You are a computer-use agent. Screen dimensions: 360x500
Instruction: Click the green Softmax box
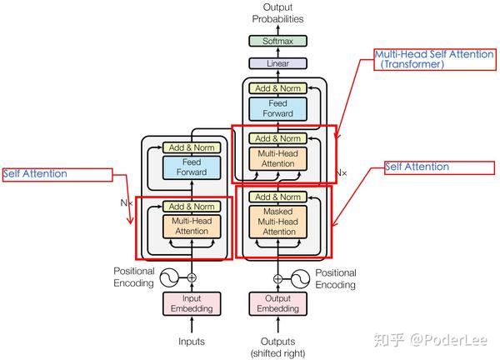pyautogui.click(x=277, y=40)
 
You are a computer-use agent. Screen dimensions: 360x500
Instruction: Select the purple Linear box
pyautogui.click(x=277, y=62)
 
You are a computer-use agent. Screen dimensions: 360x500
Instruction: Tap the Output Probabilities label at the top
pyautogui.click(x=277, y=12)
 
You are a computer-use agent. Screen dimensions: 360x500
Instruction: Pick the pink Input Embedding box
pyautogui.click(x=192, y=303)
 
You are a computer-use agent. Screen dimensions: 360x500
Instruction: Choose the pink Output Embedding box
pyautogui.click(x=277, y=303)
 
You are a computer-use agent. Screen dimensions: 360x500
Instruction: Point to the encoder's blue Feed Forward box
pyautogui.click(x=191, y=167)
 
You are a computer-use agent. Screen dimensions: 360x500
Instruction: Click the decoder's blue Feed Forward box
pyautogui.click(x=277, y=108)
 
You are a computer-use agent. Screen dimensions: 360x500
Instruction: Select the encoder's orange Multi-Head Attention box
pyautogui.click(x=191, y=226)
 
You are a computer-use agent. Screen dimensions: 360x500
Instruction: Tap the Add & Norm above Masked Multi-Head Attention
pyautogui.click(x=277, y=197)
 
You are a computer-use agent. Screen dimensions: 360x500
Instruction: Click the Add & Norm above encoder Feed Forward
pyautogui.click(x=191, y=147)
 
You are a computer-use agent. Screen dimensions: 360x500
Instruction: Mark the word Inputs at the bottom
pyautogui.click(x=192, y=341)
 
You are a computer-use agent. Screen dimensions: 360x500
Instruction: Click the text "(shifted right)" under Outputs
pyautogui.click(x=277, y=352)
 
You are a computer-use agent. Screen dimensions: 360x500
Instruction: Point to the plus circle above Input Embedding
pyautogui.click(x=192, y=277)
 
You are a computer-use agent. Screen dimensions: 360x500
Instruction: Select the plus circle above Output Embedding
pyautogui.click(x=277, y=277)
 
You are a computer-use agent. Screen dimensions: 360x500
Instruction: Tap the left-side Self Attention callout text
pyautogui.click(x=35, y=174)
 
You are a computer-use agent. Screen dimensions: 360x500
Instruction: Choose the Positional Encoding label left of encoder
pyautogui.click(x=134, y=277)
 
